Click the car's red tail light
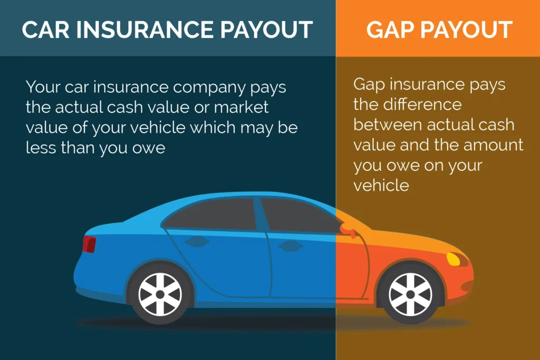[x=89, y=244]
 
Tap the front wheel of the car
[x=410, y=292]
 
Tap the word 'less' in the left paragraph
[x=41, y=148]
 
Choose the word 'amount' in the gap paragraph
[x=493, y=145]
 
